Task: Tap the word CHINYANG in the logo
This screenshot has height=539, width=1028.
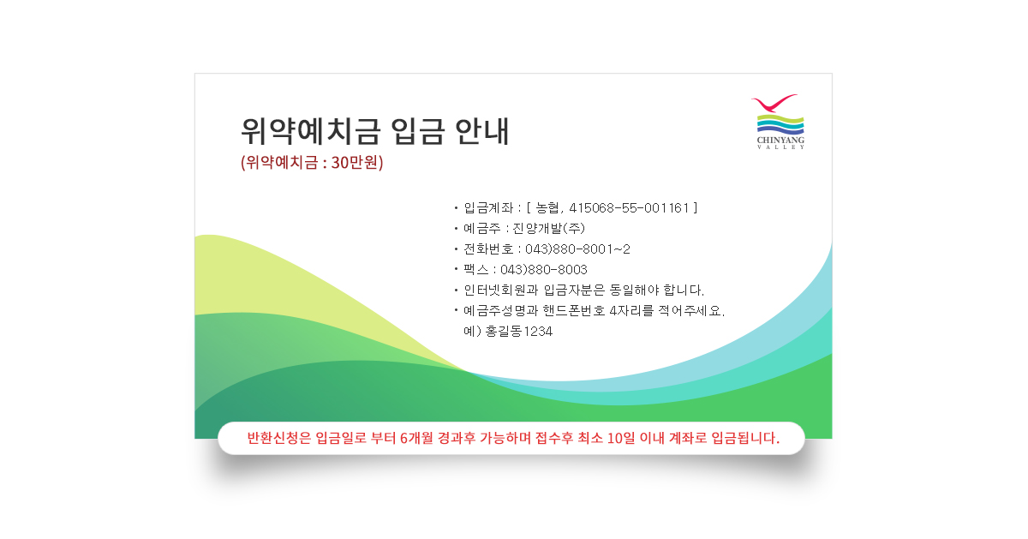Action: tap(780, 140)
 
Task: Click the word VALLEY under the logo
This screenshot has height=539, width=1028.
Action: tap(780, 147)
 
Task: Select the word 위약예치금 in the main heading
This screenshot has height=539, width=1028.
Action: tap(311, 131)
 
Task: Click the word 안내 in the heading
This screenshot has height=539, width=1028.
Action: tap(481, 131)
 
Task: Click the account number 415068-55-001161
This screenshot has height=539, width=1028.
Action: tap(629, 208)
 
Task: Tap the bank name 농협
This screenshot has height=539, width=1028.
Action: tap(547, 208)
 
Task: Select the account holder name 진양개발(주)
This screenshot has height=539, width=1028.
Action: tap(549, 228)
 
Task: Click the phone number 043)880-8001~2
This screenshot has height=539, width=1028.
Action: tap(577, 249)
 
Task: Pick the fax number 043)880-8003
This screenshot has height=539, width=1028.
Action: tap(544, 269)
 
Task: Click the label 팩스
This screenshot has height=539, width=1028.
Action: tap(476, 269)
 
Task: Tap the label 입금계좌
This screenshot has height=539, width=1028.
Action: tap(488, 208)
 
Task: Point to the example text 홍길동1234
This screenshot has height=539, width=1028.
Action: tap(519, 331)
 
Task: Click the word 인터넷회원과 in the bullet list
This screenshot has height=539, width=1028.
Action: tap(500, 290)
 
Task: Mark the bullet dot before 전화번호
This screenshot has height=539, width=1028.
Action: tap(456, 249)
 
